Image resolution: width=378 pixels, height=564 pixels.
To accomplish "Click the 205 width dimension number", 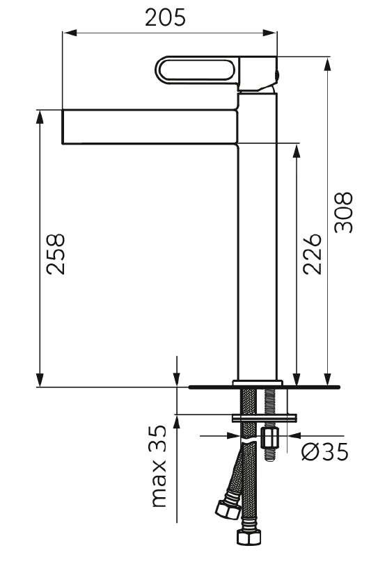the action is coord(165,17).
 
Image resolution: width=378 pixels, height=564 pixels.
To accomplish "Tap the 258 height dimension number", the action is coord(56,255).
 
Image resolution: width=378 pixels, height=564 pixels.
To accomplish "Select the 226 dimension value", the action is coord(312,255).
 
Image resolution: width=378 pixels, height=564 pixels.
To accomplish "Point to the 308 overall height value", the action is coord(343,213).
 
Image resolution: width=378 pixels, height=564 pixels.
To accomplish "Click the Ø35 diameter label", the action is coord(324,451).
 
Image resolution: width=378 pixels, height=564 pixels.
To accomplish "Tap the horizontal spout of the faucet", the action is coord(150,127).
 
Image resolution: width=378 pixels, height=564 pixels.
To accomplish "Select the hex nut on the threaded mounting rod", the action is coord(270,437).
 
